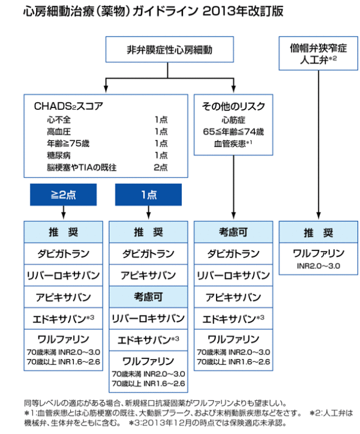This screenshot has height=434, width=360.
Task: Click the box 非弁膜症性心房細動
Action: pyautogui.click(x=170, y=49)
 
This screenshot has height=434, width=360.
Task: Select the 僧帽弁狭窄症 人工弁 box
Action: pyautogui.click(x=318, y=53)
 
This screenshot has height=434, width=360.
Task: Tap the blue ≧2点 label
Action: pyautogui.click(x=64, y=194)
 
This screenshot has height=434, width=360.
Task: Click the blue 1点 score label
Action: pyautogui.click(x=149, y=194)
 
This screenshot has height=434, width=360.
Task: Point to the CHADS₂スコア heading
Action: pyautogui.click(x=68, y=106)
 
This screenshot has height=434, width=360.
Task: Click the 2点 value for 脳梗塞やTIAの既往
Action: pyautogui.click(x=161, y=167)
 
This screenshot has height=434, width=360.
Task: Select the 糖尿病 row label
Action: pyautogui.click(x=59, y=155)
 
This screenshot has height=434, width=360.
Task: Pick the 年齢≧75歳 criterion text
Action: pyautogui.click(x=68, y=143)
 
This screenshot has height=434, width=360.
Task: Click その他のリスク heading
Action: pyautogui.click(x=233, y=106)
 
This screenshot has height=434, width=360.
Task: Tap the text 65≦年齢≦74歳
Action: pyautogui.click(x=233, y=131)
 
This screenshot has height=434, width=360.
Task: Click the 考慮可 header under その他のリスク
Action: pyautogui.click(x=233, y=232)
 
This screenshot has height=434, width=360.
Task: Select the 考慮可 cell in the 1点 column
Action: pyautogui.click(x=148, y=297)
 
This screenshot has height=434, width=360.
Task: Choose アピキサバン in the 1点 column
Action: pyautogui.click(x=148, y=275)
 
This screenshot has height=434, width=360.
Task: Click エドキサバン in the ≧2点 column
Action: pyautogui.click(x=64, y=319)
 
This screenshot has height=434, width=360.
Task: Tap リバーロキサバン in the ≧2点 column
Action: pyautogui.click(x=64, y=275)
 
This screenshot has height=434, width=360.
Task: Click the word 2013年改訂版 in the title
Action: pyautogui.click(x=243, y=11)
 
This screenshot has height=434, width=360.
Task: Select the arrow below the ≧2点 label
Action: pyautogui.click(x=64, y=212)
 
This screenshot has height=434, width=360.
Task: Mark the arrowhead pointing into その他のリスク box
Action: pyautogui.click(x=234, y=89)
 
